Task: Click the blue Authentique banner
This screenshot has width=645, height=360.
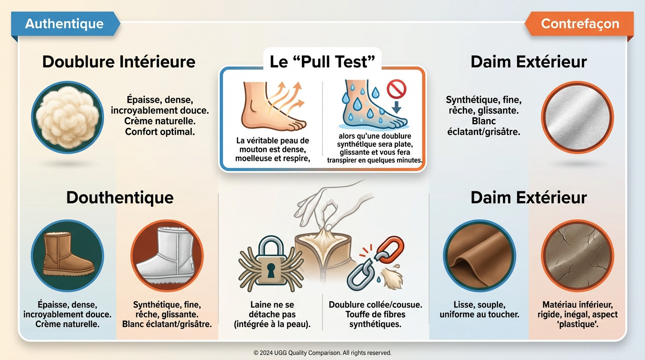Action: [x=65, y=23]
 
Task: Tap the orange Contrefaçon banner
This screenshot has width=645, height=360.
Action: [x=579, y=23]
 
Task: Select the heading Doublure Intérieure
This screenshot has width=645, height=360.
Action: [x=119, y=61]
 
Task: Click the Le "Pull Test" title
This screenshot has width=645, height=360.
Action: [x=322, y=61]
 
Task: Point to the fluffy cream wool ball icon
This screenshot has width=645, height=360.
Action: [x=67, y=117]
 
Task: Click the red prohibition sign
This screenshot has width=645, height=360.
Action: [x=397, y=89]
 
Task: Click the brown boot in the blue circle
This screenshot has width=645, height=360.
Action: [x=67, y=255]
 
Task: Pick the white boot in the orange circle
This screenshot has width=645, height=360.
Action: [x=167, y=255]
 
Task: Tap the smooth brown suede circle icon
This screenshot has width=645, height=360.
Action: [x=479, y=255]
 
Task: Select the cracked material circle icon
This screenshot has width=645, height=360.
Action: [x=577, y=255]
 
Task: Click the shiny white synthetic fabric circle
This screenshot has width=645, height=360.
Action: [x=577, y=117]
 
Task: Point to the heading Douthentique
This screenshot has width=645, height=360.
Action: [x=120, y=197]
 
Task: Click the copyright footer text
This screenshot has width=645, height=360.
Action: [x=322, y=352]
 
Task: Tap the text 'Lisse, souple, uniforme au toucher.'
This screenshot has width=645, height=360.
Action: [x=479, y=309]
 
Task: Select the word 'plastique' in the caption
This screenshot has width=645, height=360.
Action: [x=577, y=324]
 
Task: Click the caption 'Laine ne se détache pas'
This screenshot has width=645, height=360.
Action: [x=272, y=309]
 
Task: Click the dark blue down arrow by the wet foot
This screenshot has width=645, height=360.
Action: [x=397, y=106]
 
